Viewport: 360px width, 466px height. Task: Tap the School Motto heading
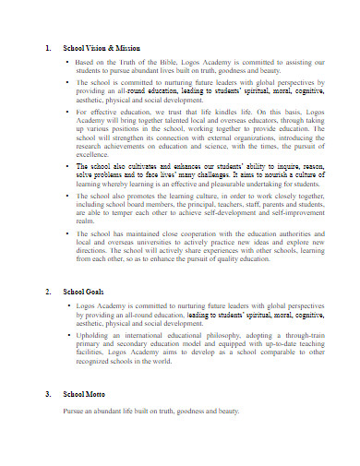pyautogui.click(x=83, y=394)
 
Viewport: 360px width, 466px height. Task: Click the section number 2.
pyautogui.click(x=47, y=291)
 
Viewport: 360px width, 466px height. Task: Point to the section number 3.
pyautogui.click(x=47, y=394)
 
